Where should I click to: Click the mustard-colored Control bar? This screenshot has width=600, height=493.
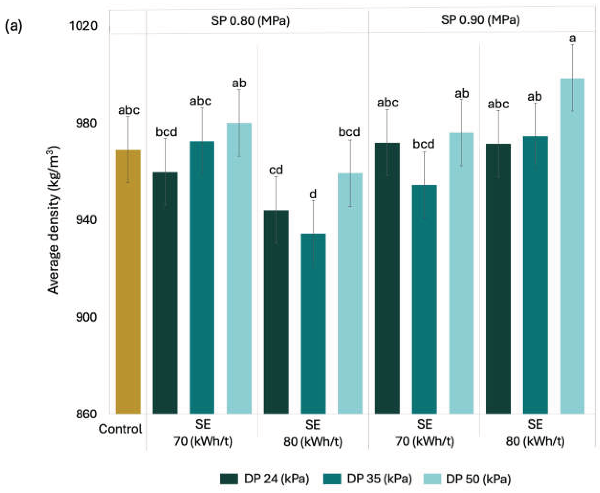[x=128, y=281]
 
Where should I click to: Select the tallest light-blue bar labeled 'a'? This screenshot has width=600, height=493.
[x=573, y=246]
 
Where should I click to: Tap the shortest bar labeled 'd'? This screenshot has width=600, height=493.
[x=313, y=324]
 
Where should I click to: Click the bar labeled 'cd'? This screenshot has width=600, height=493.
[x=276, y=312]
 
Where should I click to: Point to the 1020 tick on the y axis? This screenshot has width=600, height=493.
[x=83, y=26]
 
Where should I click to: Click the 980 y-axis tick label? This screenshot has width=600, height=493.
[x=86, y=123]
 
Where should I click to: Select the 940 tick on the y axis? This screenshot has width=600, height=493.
[x=86, y=220]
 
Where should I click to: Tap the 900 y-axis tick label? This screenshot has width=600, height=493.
[x=86, y=317]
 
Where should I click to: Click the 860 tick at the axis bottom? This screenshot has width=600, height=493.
[x=86, y=414]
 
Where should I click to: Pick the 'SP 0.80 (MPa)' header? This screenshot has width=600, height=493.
[x=250, y=21]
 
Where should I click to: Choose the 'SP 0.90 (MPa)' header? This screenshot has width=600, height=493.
[x=480, y=20]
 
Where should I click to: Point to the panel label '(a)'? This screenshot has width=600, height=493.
[x=14, y=26]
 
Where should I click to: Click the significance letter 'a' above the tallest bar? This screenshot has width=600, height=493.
[x=573, y=39]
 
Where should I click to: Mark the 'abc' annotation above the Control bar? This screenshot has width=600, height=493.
[x=129, y=111]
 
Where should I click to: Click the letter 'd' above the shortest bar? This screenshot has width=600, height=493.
[x=313, y=194]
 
